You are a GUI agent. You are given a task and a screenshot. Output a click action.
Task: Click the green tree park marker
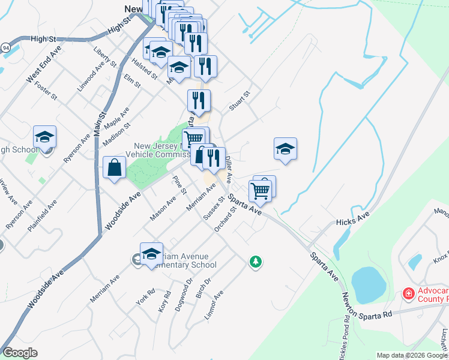click(x=256, y=262)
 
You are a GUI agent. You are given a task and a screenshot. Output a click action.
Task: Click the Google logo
click(x=20, y=353)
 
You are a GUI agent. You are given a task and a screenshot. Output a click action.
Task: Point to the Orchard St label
click(x=223, y=222)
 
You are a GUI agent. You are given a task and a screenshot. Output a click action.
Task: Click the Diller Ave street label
click(x=229, y=167)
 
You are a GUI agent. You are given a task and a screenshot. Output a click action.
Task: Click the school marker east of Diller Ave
click(x=285, y=149)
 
